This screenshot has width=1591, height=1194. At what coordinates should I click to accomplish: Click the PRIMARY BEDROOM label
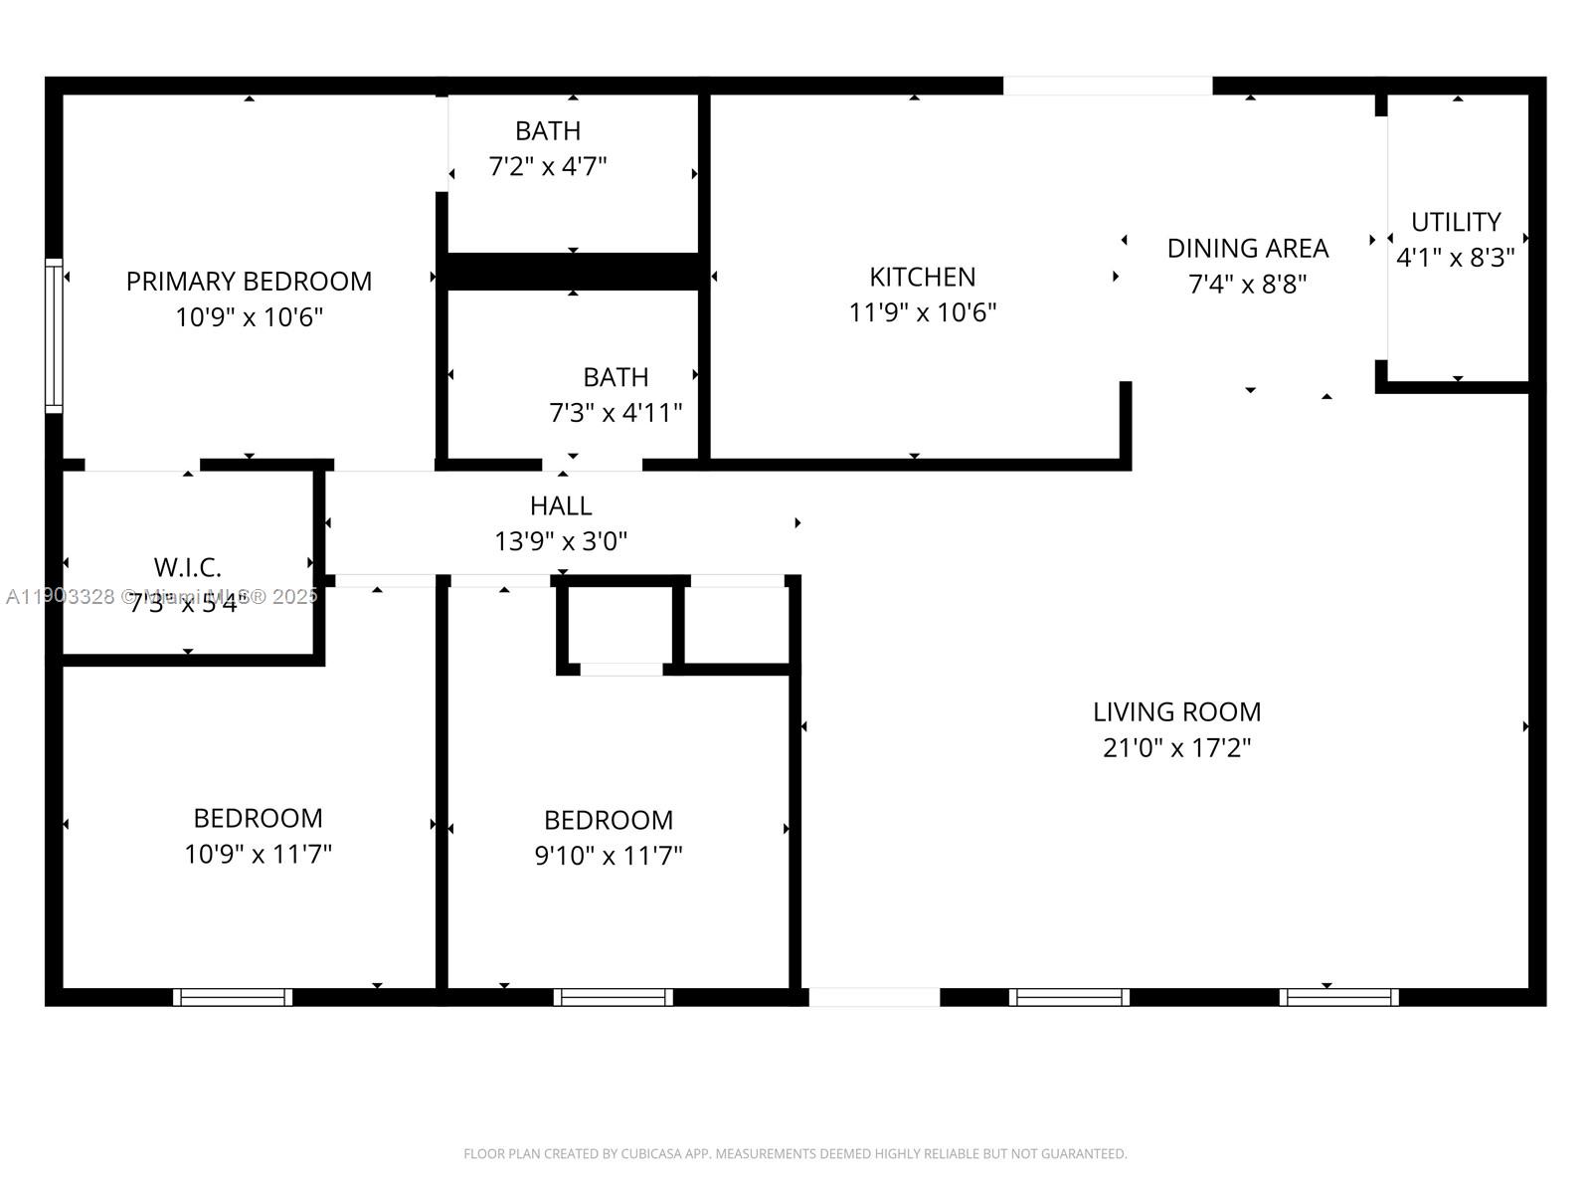coord(249,282)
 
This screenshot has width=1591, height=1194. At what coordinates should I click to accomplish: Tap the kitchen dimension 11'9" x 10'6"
coord(922,312)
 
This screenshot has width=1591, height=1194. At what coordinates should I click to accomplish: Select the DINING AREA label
coord(1247,248)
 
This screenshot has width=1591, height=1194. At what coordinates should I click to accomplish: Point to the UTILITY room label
coord(1455,222)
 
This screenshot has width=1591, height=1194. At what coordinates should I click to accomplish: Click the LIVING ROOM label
coord(1176,712)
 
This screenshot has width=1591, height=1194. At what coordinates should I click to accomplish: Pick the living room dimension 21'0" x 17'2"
coord(1176,748)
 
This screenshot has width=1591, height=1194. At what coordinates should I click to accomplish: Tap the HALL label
coord(561,506)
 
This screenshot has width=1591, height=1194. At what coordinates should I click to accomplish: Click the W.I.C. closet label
coord(187,568)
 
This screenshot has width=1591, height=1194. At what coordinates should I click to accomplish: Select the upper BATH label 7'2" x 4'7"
coord(548,131)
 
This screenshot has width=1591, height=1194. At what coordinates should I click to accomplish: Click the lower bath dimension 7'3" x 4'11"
coord(616,413)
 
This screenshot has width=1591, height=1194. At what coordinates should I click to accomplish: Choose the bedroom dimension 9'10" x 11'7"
coord(609,856)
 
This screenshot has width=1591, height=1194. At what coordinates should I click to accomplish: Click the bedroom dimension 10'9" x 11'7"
coord(258,854)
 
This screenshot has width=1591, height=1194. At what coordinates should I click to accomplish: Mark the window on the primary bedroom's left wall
coord(54,335)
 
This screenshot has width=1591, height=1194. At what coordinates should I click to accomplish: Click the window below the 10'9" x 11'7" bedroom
coord(233,997)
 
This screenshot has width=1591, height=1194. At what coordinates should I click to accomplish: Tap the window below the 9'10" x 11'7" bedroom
coord(614,997)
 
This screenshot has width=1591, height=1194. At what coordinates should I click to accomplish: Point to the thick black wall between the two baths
coord(574,272)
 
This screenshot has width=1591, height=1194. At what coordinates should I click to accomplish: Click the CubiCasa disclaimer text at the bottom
coord(795,1154)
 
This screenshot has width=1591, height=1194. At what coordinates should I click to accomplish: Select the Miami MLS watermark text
coord(162,596)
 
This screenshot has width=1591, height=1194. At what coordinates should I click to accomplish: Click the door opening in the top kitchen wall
coord(1107,86)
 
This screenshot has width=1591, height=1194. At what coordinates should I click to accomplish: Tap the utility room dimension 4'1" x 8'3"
coord(1455,258)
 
